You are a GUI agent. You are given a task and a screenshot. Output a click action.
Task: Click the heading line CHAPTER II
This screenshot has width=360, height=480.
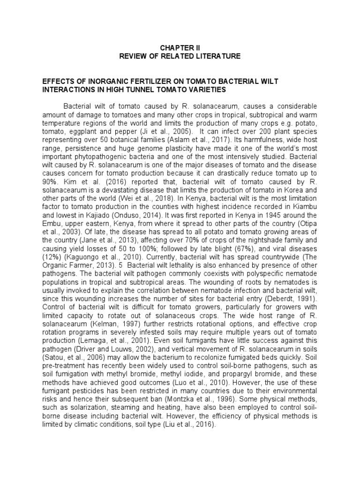(180, 48)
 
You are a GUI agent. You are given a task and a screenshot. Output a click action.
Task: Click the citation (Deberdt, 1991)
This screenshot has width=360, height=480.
(290, 298)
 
